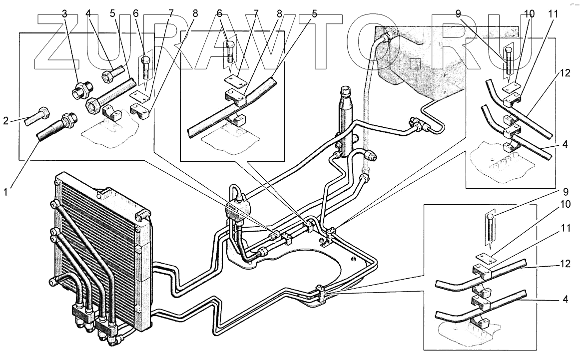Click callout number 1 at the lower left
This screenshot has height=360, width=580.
[6, 192]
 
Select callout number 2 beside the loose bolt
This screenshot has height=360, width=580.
[6, 120]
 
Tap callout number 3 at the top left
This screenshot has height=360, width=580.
[65, 14]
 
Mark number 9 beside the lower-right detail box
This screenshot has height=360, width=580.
[565, 192]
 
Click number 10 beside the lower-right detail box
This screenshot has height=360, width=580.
[566, 204]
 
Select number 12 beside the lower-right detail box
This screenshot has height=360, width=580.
[566, 264]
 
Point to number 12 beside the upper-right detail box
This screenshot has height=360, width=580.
[565, 73]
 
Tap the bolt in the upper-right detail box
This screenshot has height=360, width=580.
[509, 63]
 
